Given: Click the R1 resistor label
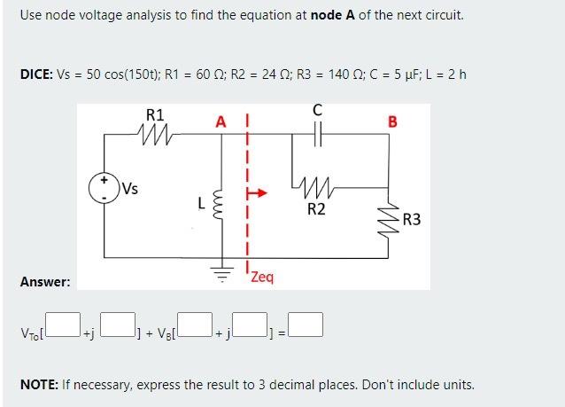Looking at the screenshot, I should point(154,114).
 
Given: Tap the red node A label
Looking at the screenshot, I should point(221,121).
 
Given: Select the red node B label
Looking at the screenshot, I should point(392,121).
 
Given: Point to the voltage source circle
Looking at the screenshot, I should point(105,188).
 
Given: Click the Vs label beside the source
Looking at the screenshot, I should point(130,187).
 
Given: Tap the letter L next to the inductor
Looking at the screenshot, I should point(202,203).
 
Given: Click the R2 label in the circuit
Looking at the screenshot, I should point(316,209).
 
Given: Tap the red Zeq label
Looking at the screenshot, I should point(262,277).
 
